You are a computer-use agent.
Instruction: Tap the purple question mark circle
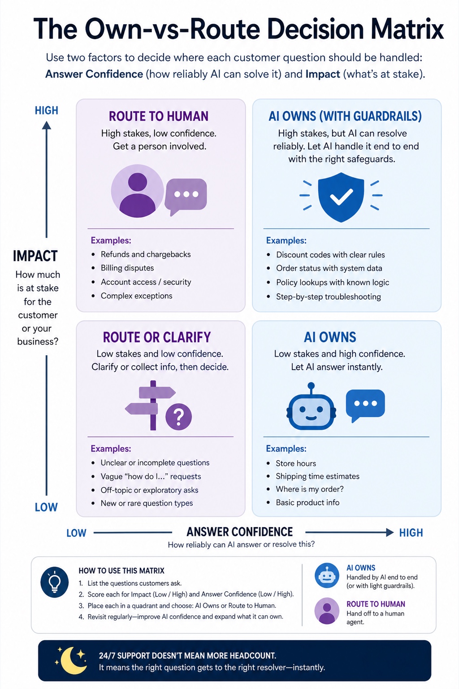click(178, 416)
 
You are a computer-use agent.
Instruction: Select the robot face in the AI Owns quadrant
click(311, 407)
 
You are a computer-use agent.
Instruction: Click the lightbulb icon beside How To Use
click(54, 582)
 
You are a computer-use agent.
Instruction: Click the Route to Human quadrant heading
click(159, 116)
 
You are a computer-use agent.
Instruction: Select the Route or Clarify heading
click(157, 337)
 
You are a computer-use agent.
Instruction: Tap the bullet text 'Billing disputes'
click(127, 268)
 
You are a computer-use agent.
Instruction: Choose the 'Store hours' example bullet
click(296, 463)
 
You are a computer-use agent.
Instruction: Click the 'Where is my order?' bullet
click(310, 489)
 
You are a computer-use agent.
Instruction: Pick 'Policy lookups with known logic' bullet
click(333, 282)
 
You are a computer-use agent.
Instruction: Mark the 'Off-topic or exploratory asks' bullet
click(149, 490)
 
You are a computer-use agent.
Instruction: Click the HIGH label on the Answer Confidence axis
click(411, 533)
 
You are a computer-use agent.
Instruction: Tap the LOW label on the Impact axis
click(46, 507)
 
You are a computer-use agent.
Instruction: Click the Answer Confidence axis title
click(239, 532)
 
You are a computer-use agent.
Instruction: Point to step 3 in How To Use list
click(178, 605)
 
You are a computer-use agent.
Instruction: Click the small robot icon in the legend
click(327, 576)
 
